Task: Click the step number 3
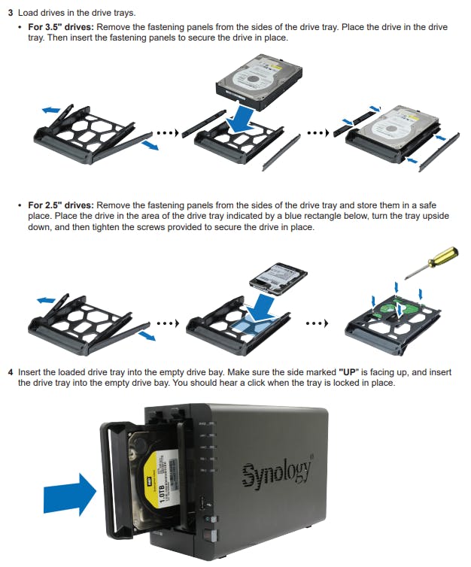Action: tap(10, 14)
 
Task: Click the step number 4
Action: tap(10, 372)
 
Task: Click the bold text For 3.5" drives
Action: tap(61, 27)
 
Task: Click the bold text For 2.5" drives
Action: tap(61, 205)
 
